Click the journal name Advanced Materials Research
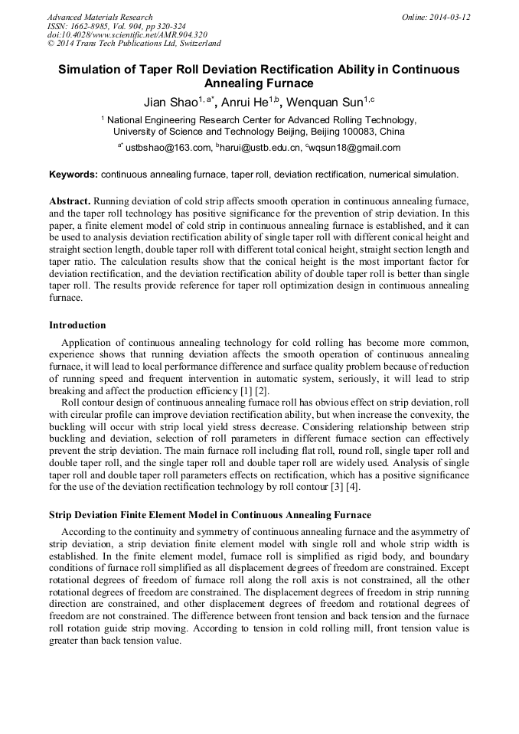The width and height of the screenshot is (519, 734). (x=100, y=17)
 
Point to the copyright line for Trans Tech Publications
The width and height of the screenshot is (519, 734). (x=134, y=44)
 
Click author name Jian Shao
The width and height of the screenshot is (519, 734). (x=171, y=102)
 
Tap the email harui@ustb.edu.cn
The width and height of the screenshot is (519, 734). (x=259, y=148)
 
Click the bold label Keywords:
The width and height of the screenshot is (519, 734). (x=73, y=175)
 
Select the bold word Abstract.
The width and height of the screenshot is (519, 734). (x=70, y=200)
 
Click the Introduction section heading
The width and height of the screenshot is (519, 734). (x=77, y=325)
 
